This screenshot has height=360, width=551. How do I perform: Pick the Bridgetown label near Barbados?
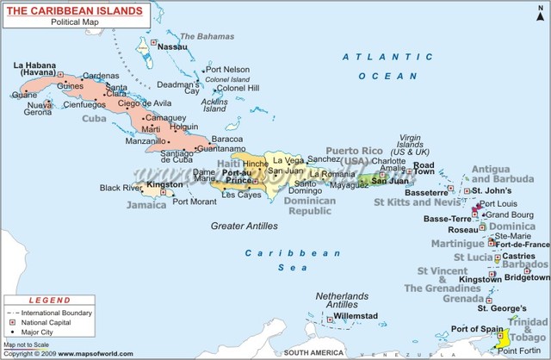pos(526,277)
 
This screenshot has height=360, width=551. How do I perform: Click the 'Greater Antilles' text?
pos(245,226)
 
